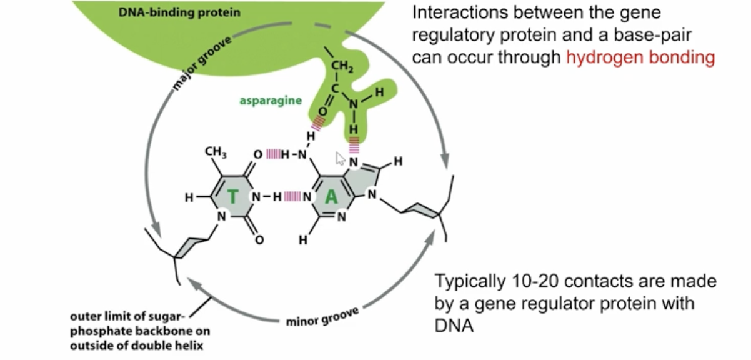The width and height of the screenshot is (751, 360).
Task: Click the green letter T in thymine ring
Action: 232,197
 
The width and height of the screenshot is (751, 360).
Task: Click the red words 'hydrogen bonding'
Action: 640,57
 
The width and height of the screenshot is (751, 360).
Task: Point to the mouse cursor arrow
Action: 341,158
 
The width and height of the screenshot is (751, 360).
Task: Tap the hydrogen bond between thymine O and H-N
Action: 276,153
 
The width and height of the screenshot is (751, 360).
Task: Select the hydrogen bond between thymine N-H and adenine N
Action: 293,197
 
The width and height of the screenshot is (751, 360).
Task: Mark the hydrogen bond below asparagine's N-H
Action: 354,146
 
